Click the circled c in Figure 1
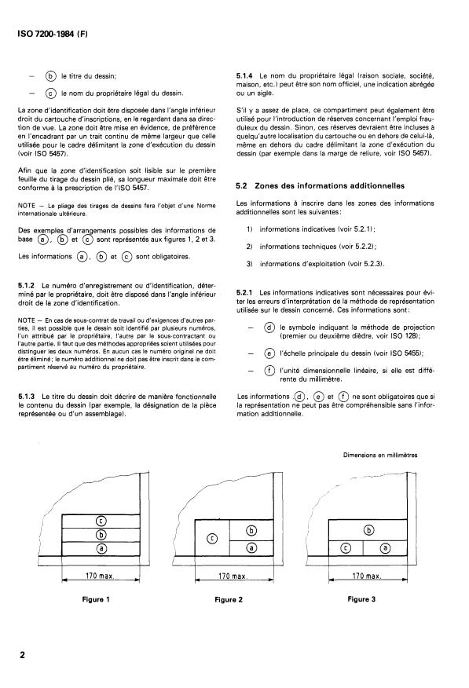click(x=101, y=521)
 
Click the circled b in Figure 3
click(x=368, y=531)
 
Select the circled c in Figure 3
click(x=344, y=548)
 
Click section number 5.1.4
click(x=251, y=75)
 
